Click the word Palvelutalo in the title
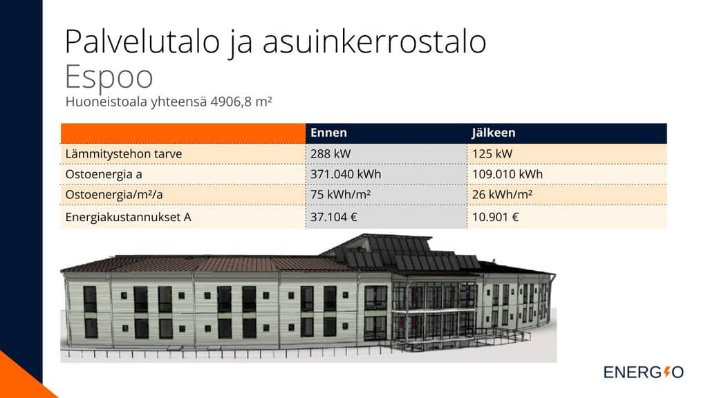click(142, 41)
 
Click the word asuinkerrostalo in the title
click(374, 41)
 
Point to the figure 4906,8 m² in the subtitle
click(241, 102)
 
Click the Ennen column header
click(328, 133)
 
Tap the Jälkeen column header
click(494, 133)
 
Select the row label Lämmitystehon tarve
click(124, 154)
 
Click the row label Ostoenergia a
click(104, 174)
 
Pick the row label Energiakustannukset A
click(128, 217)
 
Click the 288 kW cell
click(330, 154)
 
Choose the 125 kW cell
click(492, 154)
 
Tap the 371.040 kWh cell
click(346, 174)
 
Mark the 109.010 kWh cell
click(507, 174)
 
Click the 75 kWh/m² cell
click(340, 194)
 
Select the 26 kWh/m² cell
click(503, 194)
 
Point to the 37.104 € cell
click(334, 217)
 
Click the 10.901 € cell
click(495, 217)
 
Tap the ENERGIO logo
click(644, 372)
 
